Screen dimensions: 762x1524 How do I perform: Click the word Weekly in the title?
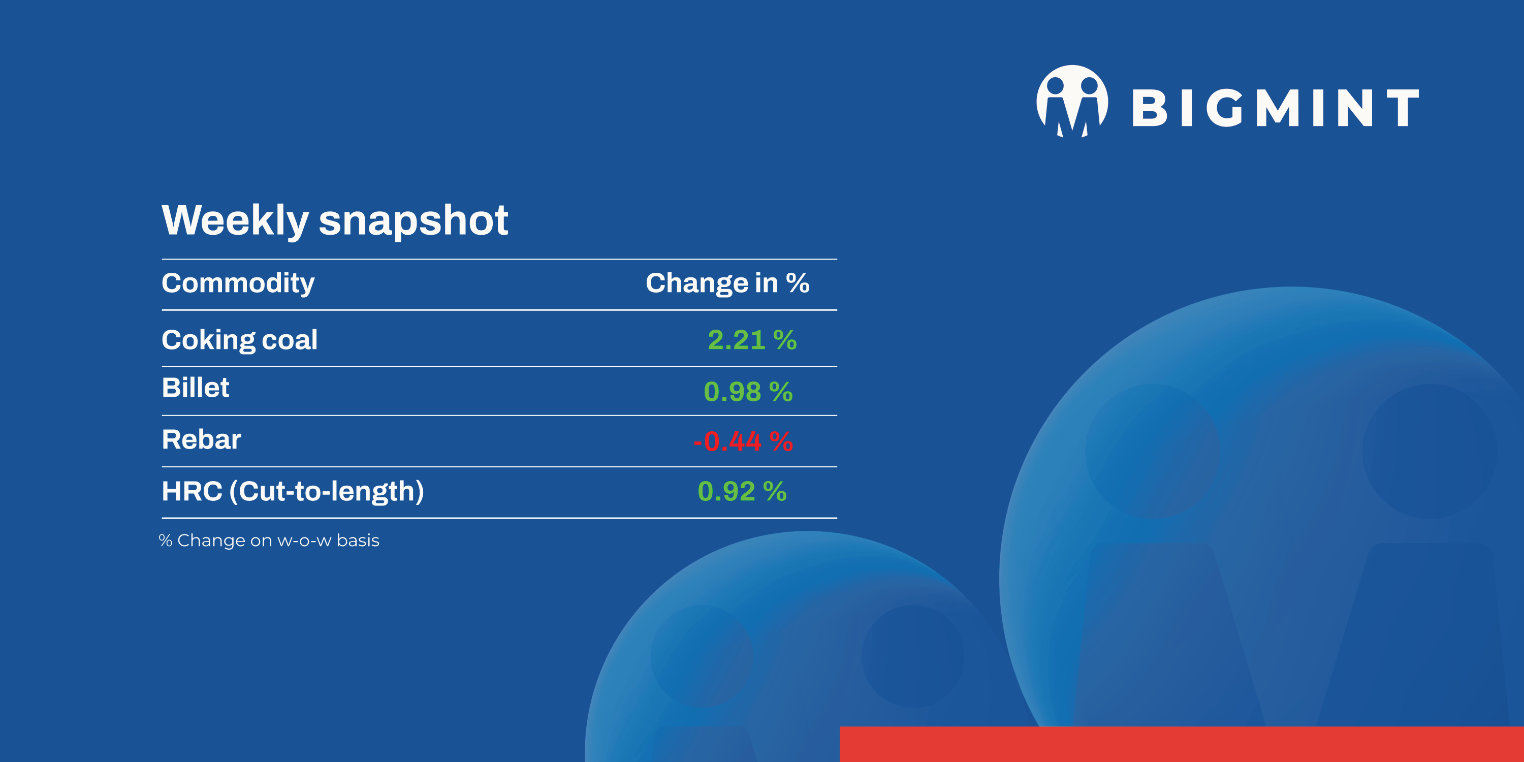coord(235,220)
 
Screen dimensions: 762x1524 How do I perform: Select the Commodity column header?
coord(238,283)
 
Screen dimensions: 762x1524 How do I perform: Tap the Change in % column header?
coord(727,283)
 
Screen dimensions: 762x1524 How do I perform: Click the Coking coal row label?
coord(240,339)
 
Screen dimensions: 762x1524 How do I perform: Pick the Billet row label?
coord(195,388)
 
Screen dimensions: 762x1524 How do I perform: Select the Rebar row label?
coord(201,439)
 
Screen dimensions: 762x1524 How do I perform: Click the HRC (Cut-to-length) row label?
coord(293,491)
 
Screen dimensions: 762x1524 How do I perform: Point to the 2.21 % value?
coord(752,339)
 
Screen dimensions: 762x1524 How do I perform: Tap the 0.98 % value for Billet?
coord(748,392)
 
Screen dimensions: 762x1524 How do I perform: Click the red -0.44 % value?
coord(743,441)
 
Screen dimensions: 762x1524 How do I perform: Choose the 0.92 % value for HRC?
coord(742,491)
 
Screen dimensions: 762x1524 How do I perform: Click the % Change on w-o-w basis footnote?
coord(269,540)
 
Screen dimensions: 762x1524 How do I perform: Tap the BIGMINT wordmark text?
coord(1275,108)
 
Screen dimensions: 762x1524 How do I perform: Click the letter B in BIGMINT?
coord(1149,108)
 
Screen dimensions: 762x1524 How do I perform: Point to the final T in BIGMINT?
coord(1402,108)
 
